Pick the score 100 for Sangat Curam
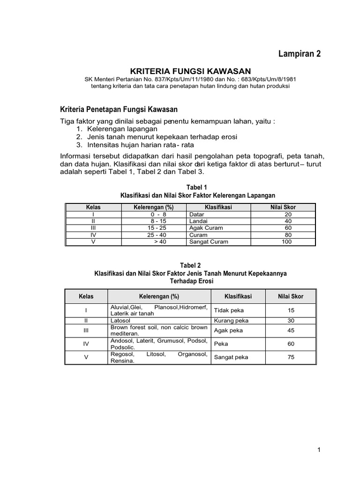286,242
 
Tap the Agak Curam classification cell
206,228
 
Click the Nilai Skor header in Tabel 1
283,207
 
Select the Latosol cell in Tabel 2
121,321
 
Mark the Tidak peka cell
229,310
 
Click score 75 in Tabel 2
291,357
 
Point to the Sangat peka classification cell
231,357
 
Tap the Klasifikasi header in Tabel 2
238,296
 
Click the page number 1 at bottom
318,450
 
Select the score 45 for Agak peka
291,330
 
